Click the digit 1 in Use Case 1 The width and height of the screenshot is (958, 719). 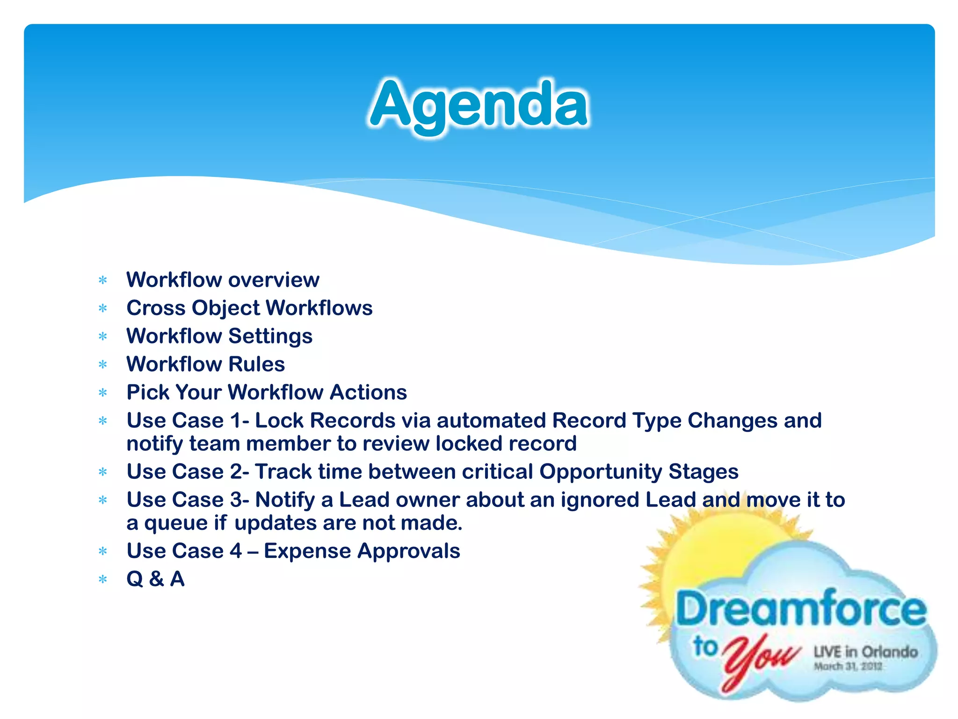237,420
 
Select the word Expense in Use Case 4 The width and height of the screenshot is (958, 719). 307,551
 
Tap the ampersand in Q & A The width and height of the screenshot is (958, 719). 156,579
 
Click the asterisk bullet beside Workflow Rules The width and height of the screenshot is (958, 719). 103,365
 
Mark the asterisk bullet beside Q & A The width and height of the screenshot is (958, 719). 103,580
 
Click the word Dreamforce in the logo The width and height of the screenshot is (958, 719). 800,609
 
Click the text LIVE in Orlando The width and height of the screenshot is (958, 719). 865,652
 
